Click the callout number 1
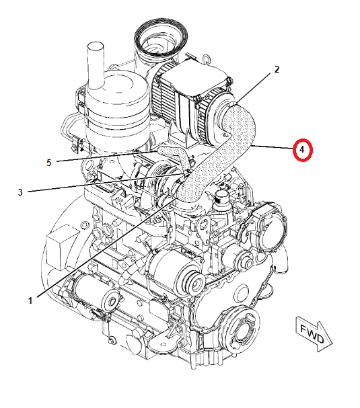[30, 300]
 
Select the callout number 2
[277, 69]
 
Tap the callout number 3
[20, 192]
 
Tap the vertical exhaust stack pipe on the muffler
[95, 59]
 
